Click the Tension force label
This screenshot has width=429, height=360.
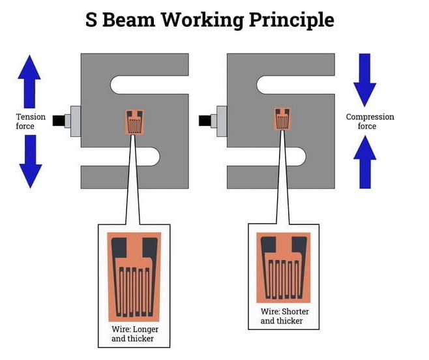(x=31, y=121)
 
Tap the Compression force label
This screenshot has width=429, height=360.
(x=370, y=121)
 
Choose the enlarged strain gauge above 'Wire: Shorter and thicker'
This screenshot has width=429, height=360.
(x=283, y=267)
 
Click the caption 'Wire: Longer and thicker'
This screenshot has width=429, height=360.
(x=135, y=334)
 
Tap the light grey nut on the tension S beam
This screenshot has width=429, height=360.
(x=74, y=121)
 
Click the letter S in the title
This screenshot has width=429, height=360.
(x=93, y=20)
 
